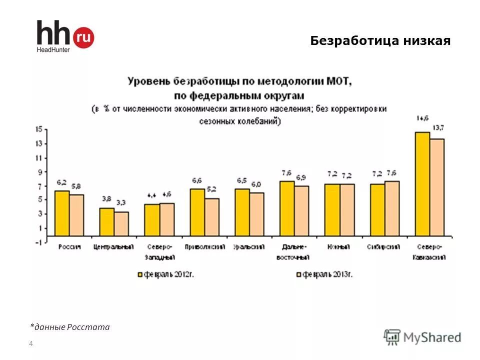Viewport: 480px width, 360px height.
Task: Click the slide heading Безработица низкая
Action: pyautogui.click(x=380, y=41)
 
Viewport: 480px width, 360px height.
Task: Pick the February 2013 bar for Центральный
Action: pyautogui.click(x=121, y=223)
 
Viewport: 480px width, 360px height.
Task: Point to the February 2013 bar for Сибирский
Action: pyautogui.click(x=392, y=208)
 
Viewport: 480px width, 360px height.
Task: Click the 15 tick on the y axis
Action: pyautogui.click(x=38, y=129)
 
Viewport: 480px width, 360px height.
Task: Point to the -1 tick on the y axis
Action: pyautogui.click(x=38, y=242)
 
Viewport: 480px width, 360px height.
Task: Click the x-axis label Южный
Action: pyautogui.click(x=339, y=247)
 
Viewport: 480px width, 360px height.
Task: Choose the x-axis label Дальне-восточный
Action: pyautogui.click(x=293, y=252)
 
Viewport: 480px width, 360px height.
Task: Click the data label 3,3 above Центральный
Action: pyautogui.click(x=121, y=202)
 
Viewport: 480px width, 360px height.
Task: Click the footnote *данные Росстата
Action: pyautogui.click(x=69, y=327)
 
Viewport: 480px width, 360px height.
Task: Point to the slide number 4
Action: pyautogui.click(x=31, y=343)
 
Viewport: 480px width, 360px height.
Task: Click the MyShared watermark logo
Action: pyautogui.click(x=422, y=337)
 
